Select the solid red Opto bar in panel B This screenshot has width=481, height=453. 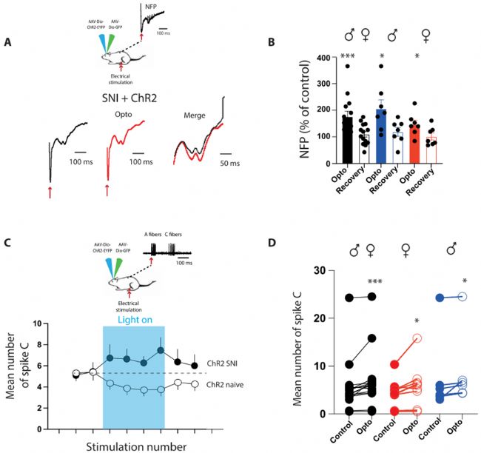tap(414, 141)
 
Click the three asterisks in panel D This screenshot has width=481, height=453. tap(374, 282)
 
